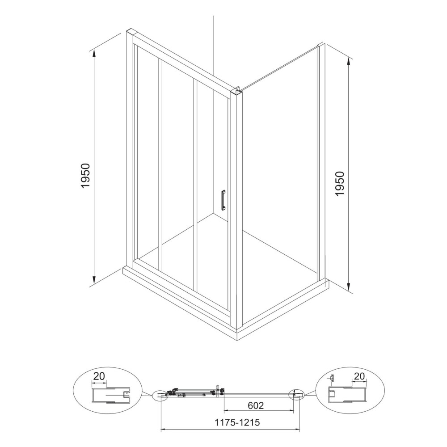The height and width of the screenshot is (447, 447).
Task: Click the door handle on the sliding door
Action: (223, 200)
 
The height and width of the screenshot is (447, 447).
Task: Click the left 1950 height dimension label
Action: (85, 176)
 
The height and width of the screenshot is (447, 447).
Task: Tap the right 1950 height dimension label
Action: (340, 184)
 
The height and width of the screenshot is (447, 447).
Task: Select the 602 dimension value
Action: (256, 405)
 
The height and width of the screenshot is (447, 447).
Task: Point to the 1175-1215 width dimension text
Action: (237, 422)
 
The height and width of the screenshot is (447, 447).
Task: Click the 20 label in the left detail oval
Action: (99, 376)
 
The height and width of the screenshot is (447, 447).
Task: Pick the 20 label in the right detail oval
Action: (359, 376)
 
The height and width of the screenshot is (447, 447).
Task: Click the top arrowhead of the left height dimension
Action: (94, 53)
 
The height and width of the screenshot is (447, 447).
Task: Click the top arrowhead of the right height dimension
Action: (349, 60)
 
